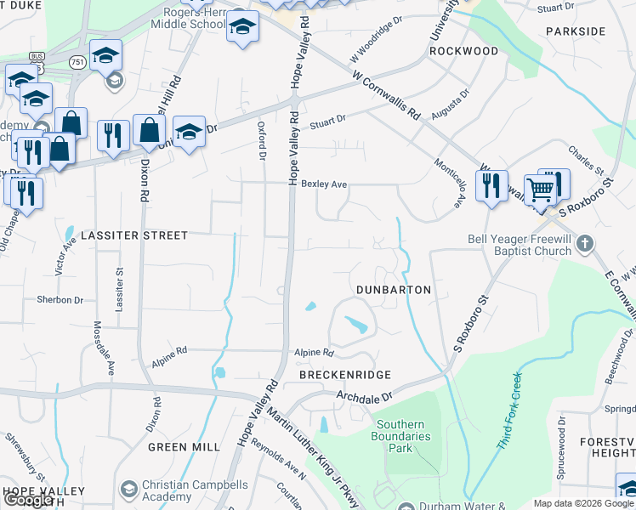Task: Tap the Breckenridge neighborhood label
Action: (x=344, y=375)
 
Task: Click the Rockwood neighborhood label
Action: (x=463, y=51)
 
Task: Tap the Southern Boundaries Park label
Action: (x=406, y=436)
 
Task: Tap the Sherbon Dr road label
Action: (x=60, y=300)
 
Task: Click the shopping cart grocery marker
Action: (x=541, y=190)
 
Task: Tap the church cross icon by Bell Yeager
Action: (x=584, y=244)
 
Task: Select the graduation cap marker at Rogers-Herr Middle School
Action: (x=242, y=28)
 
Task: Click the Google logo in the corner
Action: (x=29, y=500)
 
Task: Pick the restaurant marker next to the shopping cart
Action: (x=491, y=184)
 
